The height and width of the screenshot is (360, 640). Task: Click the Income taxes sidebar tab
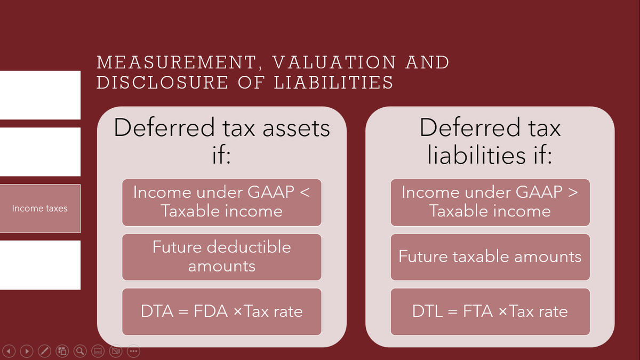pyautogui.click(x=40, y=209)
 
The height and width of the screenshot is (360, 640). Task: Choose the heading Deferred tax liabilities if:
pyautogui.click(x=490, y=141)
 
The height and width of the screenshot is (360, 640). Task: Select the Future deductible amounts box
pyautogui.click(x=221, y=257)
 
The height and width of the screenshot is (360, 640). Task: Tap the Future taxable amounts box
pyautogui.click(x=490, y=257)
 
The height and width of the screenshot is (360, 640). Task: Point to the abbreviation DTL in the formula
pyautogui.click(x=427, y=311)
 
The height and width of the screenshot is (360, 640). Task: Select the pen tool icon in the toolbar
pyautogui.click(x=45, y=351)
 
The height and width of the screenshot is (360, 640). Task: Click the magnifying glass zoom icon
pyautogui.click(x=81, y=351)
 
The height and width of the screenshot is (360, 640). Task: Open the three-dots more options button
pyautogui.click(x=133, y=351)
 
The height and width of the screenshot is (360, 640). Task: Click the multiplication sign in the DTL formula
pyautogui.click(x=502, y=312)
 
